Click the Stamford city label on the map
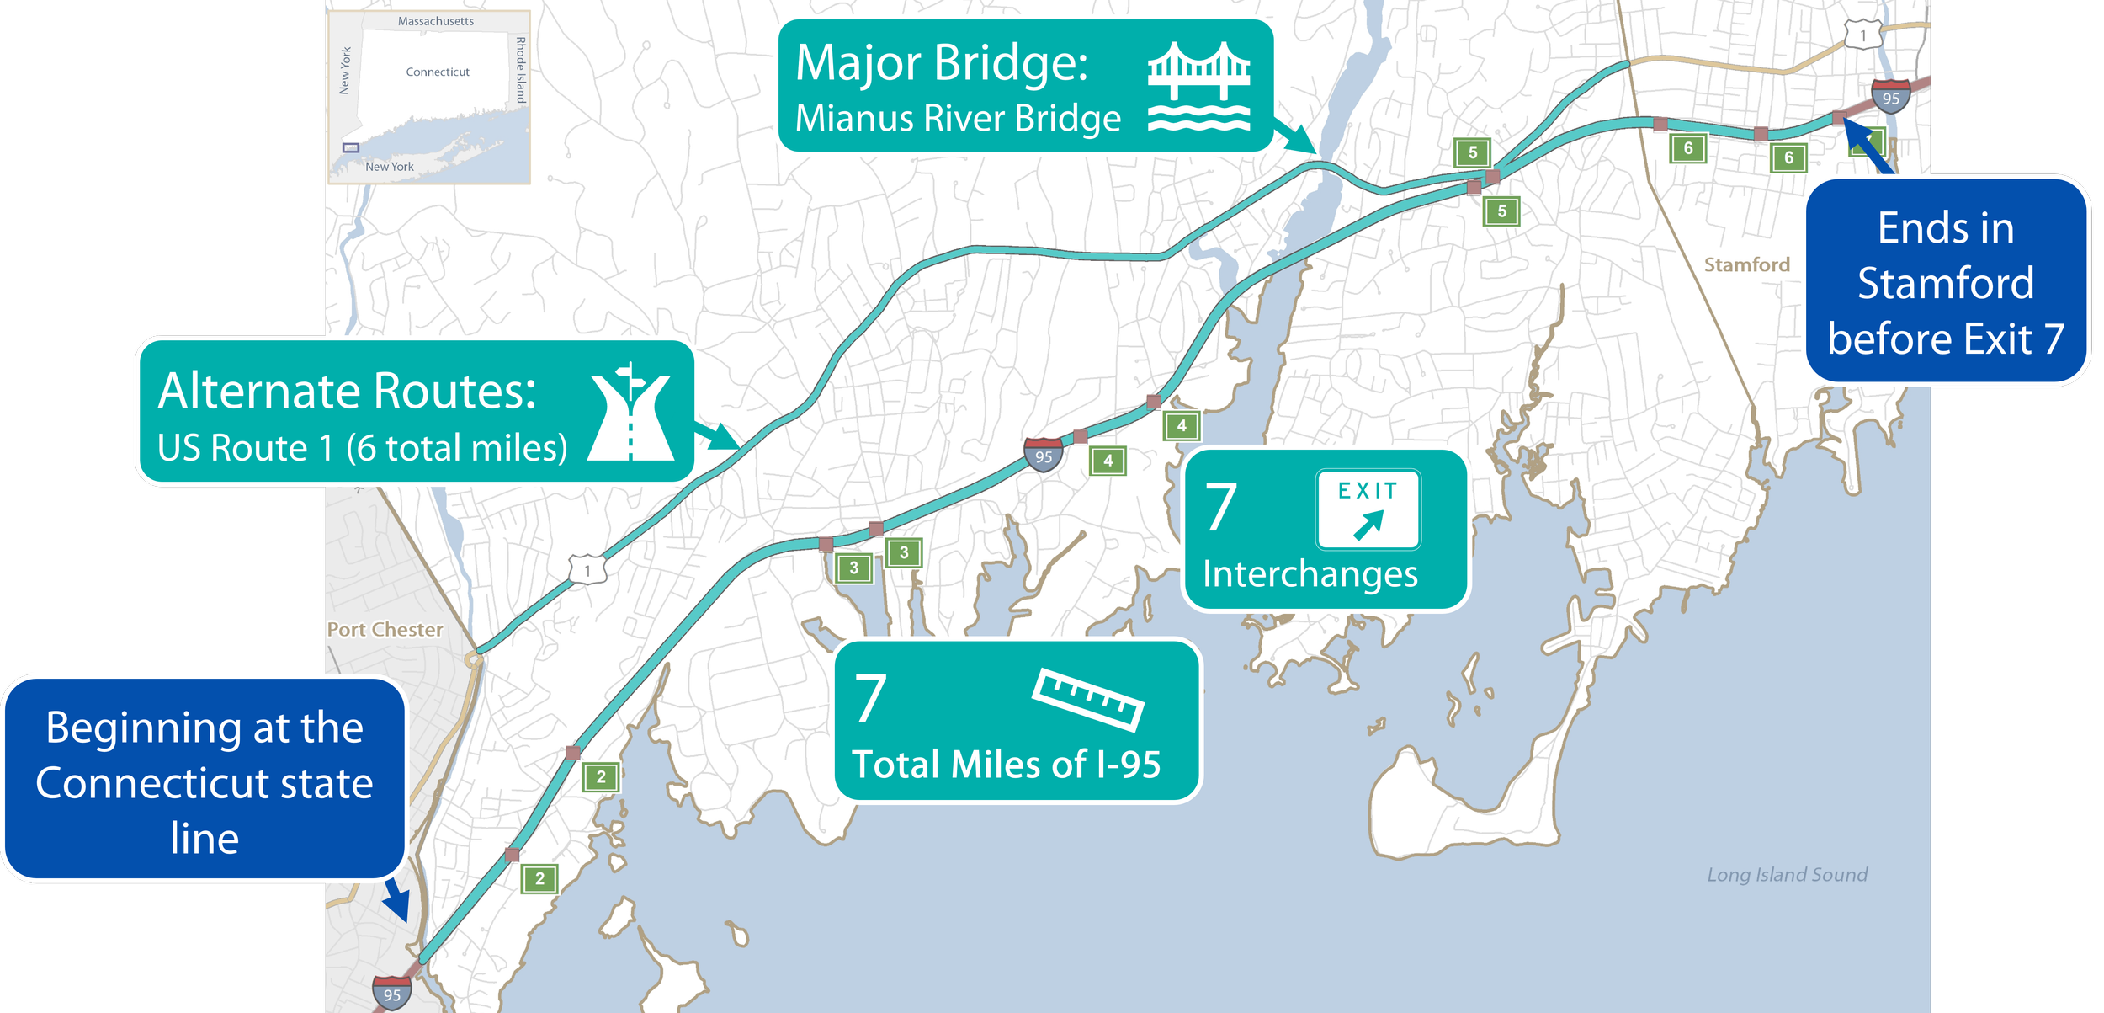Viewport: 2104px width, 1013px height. point(1746,264)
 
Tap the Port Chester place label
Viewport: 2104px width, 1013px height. point(385,629)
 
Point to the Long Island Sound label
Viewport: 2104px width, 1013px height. point(1787,874)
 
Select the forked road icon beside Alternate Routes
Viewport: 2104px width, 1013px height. point(630,412)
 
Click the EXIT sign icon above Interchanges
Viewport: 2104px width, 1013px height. point(1368,509)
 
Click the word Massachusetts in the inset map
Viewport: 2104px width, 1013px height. point(435,21)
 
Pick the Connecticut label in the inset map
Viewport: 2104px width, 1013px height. point(438,72)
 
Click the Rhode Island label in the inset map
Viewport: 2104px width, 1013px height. point(521,70)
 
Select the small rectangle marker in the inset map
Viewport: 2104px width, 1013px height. point(351,147)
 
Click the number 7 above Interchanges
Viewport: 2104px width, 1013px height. point(1221,507)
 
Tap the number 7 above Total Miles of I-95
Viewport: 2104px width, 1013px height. point(870,698)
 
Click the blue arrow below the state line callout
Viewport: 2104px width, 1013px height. point(397,900)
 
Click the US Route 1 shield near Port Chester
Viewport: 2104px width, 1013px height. point(587,570)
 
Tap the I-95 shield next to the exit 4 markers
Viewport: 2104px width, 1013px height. point(1043,455)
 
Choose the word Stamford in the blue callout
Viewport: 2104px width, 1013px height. point(1945,283)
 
